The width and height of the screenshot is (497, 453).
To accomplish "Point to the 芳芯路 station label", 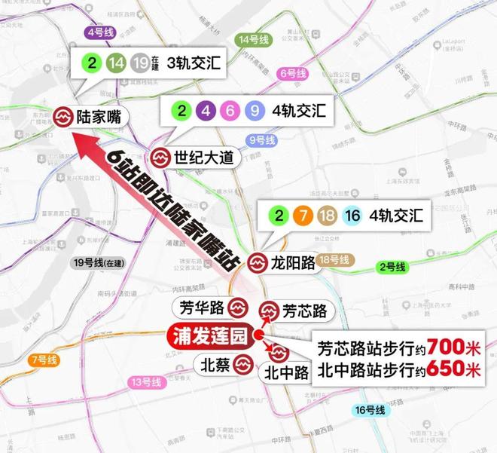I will [x=304, y=311].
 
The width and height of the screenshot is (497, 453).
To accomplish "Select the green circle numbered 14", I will [x=116, y=63].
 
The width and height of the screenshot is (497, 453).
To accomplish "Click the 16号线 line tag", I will [x=369, y=410].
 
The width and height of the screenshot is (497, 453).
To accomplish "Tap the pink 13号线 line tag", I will [x=146, y=382].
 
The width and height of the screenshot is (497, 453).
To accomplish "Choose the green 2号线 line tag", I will [x=392, y=268].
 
